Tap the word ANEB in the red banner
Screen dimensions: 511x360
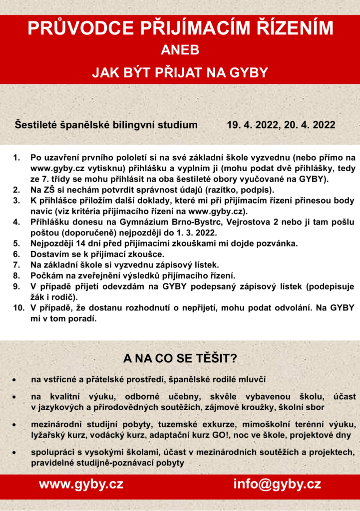pos(180,50)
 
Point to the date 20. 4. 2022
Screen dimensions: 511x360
pos(310,124)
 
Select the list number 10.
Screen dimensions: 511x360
pos(18,308)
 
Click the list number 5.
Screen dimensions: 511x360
pos(16,244)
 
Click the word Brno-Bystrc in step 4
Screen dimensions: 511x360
pos(189,223)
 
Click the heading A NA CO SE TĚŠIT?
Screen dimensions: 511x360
pos(180,358)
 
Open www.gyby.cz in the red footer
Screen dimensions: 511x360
pos(81,484)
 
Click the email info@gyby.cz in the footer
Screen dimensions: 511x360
pos(277,484)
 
